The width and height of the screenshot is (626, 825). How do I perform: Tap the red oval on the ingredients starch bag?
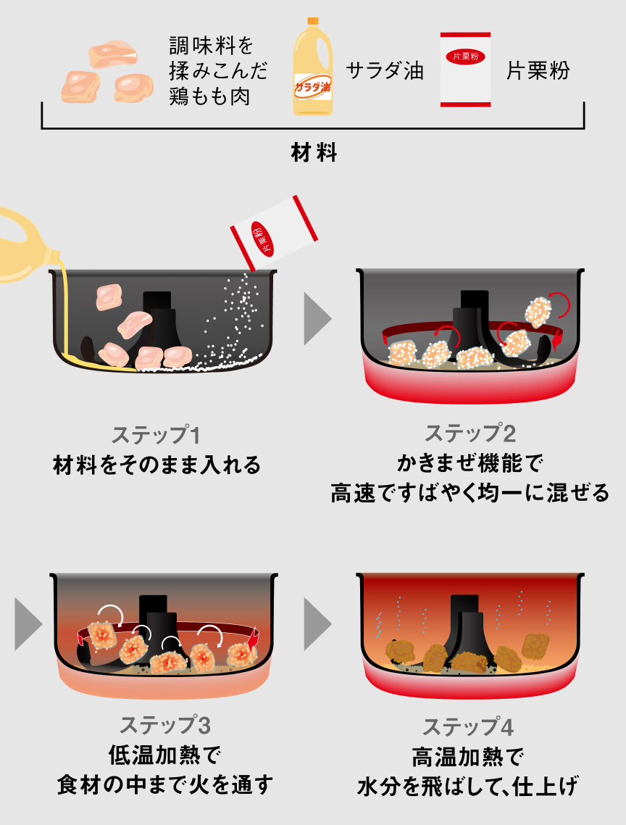pyautogui.click(x=465, y=57)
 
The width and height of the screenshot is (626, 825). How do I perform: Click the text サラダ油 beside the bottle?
pyautogui.click(x=385, y=71)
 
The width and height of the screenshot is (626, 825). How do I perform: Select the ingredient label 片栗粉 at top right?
pyautogui.click(x=538, y=71)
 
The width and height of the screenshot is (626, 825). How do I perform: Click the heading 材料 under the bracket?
pyautogui.click(x=313, y=153)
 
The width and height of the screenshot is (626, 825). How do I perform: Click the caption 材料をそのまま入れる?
pyautogui.click(x=156, y=465)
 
